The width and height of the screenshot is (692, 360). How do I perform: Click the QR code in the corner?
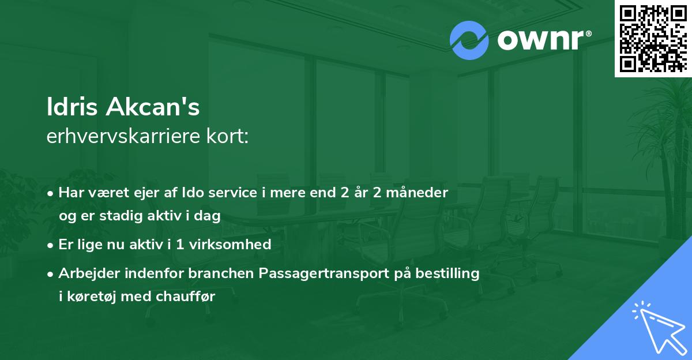[x=653, y=38]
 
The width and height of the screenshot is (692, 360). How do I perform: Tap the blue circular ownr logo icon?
[x=469, y=40]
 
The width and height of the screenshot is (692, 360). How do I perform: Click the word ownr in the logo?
[x=540, y=40]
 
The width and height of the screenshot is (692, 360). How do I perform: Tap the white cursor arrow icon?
[x=656, y=327]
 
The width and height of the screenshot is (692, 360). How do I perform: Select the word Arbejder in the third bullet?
[x=86, y=273]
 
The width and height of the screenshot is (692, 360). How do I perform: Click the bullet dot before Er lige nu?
[x=51, y=245]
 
